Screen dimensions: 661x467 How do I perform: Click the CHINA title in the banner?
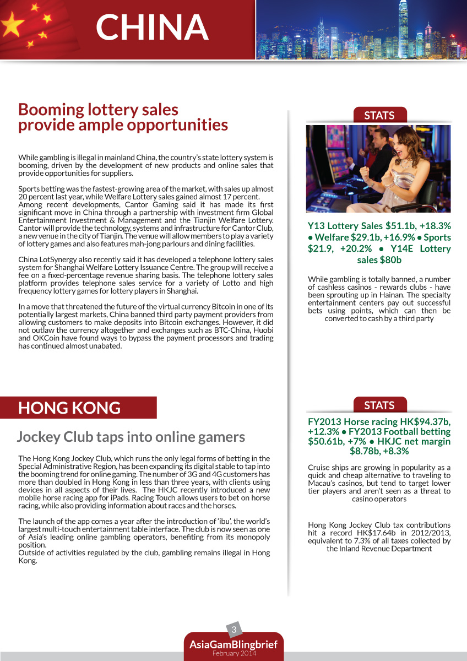pyautogui.click(x=152, y=27)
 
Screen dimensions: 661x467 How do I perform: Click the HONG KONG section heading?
pyautogui.click(x=69, y=408)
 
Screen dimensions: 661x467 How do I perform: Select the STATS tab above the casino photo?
pyautogui.click(x=379, y=115)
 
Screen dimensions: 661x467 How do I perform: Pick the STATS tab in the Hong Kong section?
pyautogui.click(x=379, y=405)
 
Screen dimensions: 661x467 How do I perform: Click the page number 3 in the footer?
pyautogui.click(x=234, y=630)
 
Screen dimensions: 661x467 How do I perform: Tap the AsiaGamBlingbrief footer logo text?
pyautogui.click(x=233, y=644)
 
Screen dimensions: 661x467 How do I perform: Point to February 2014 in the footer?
pyautogui.click(x=233, y=653)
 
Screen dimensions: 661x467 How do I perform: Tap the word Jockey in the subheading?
pyautogui.click(x=40, y=437)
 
